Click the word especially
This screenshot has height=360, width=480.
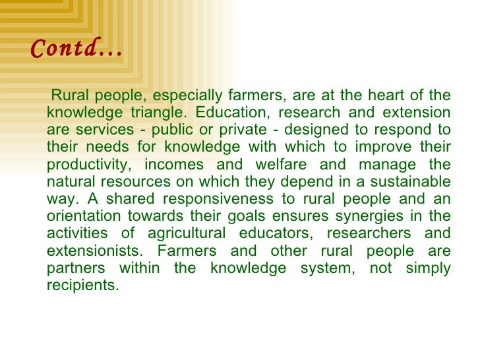click(184, 96)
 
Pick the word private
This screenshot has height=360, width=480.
click(215, 130)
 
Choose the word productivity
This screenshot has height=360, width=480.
click(86, 164)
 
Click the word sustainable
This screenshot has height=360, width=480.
click(411, 181)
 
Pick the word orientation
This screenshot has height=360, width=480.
click(84, 216)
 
